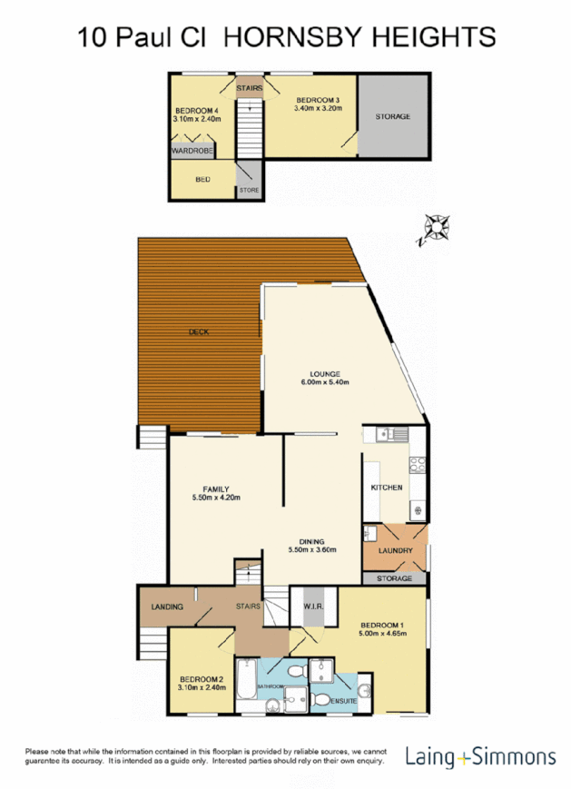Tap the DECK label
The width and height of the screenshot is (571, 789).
click(199, 332)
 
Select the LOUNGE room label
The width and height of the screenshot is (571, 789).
click(323, 374)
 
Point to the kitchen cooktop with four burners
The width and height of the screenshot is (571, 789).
click(418, 467)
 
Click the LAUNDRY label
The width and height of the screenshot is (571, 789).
click(395, 551)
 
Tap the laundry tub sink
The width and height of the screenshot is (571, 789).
click(371, 533)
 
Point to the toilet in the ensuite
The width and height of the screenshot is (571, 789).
click(322, 700)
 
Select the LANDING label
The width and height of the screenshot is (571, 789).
click(167, 607)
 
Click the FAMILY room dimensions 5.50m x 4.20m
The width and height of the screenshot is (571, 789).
click(216, 497)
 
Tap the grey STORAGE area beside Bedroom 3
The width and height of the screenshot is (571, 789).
click(393, 116)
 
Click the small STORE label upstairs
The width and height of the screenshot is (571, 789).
click(249, 191)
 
